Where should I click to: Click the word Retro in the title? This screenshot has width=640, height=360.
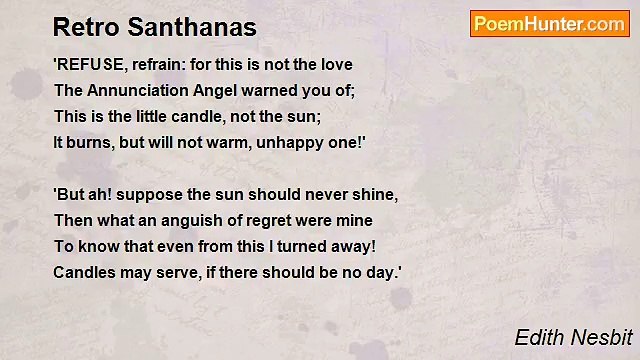click(81, 26)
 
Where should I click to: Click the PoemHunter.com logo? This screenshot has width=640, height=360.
click(549, 24)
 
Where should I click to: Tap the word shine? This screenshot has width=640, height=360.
click(377, 194)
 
